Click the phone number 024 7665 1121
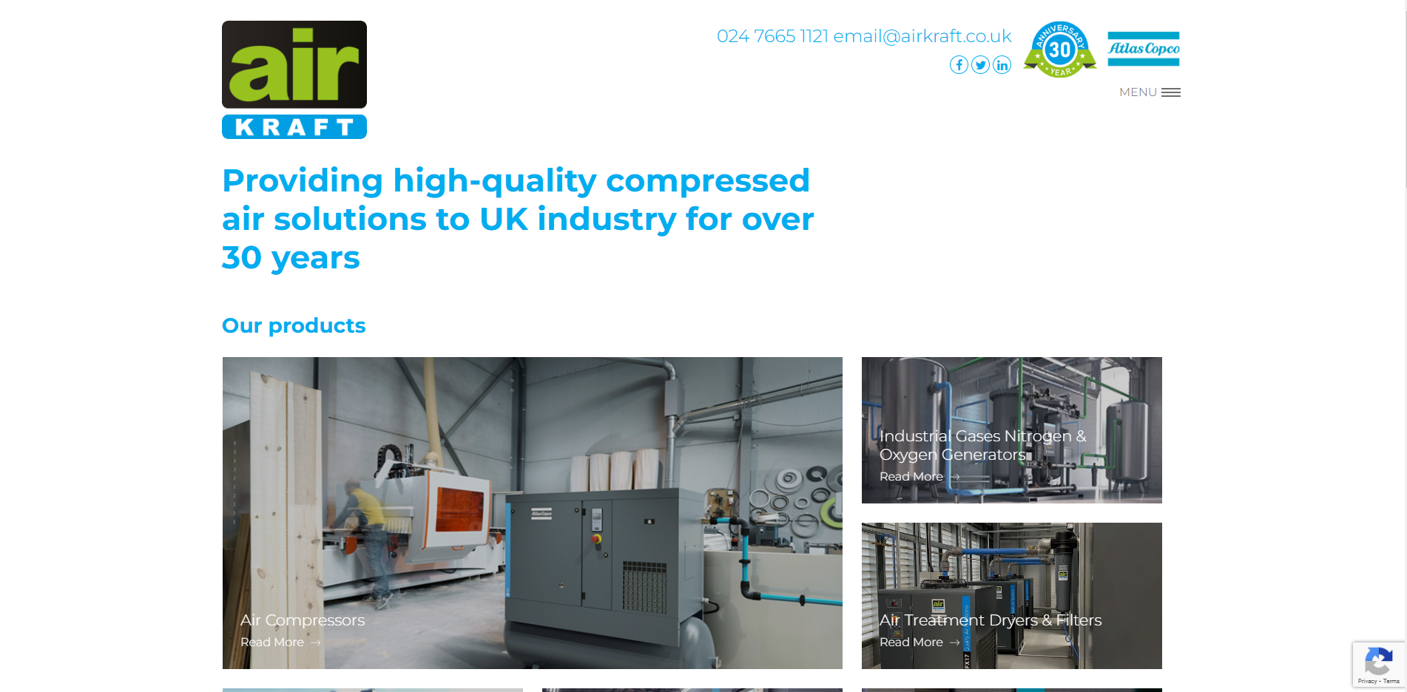click(x=772, y=36)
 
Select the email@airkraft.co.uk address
click(x=922, y=36)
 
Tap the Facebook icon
click(x=959, y=65)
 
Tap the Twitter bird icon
click(x=980, y=65)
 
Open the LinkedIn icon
click(x=1002, y=65)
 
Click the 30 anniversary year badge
click(x=1060, y=50)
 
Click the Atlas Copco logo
click(x=1143, y=49)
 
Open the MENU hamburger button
click(x=1150, y=92)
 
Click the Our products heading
click(x=294, y=325)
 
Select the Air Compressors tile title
click(x=303, y=620)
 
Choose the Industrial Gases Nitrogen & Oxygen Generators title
click(x=982, y=445)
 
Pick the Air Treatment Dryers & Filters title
click(x=991, y=620)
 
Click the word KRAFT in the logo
click(x=294, y=127)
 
